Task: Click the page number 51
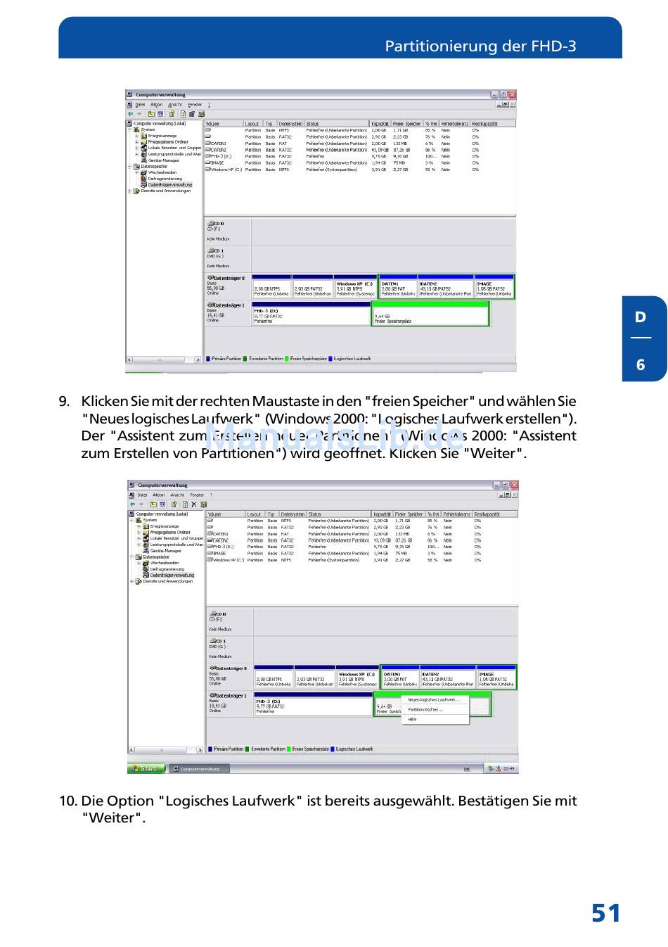(x=605, y=913)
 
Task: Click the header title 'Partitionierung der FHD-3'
(x=480, y=46)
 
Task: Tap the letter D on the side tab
(x=641, y=317)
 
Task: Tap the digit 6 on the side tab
(x=641, y=364)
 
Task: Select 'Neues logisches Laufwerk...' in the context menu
(x=433, y=700)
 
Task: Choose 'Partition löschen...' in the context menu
(x=425, y=710)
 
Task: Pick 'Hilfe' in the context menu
(x=413, y=720)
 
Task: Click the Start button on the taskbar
(x=146, y=768)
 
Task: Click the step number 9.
(x=64, y=402)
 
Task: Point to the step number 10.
(x=68, y=801)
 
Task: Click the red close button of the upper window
(x=513, y=95)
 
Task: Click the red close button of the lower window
(x=515, y=485)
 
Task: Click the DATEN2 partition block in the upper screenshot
(x=445, y=287)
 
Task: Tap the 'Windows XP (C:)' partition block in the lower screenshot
(x=357, y=678)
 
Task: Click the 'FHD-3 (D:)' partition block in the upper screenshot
(x=310, y=314)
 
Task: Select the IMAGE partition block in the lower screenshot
(x=496, y=678)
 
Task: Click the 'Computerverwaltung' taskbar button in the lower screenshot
(x=200, y=769)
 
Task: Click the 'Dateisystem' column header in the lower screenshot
(x=293, y=514)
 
